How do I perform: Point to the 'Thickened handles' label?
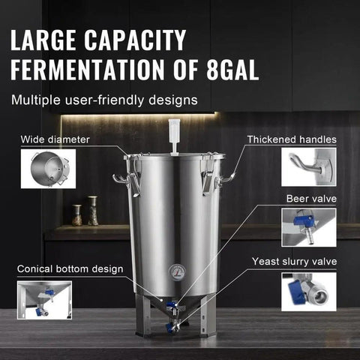(x=292, y=139)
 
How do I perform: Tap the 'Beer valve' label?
(x=311, y=199)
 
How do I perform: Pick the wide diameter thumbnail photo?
(x=48, y=168)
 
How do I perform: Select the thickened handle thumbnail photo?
(x=308, y=166)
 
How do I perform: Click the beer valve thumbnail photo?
(x=308, y=227)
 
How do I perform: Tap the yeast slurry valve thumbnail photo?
(x=308, y=291)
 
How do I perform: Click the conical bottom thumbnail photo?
(x=44, y=299)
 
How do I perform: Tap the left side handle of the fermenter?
(x=121, y=180)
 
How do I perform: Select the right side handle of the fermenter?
(x=226, y=178)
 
